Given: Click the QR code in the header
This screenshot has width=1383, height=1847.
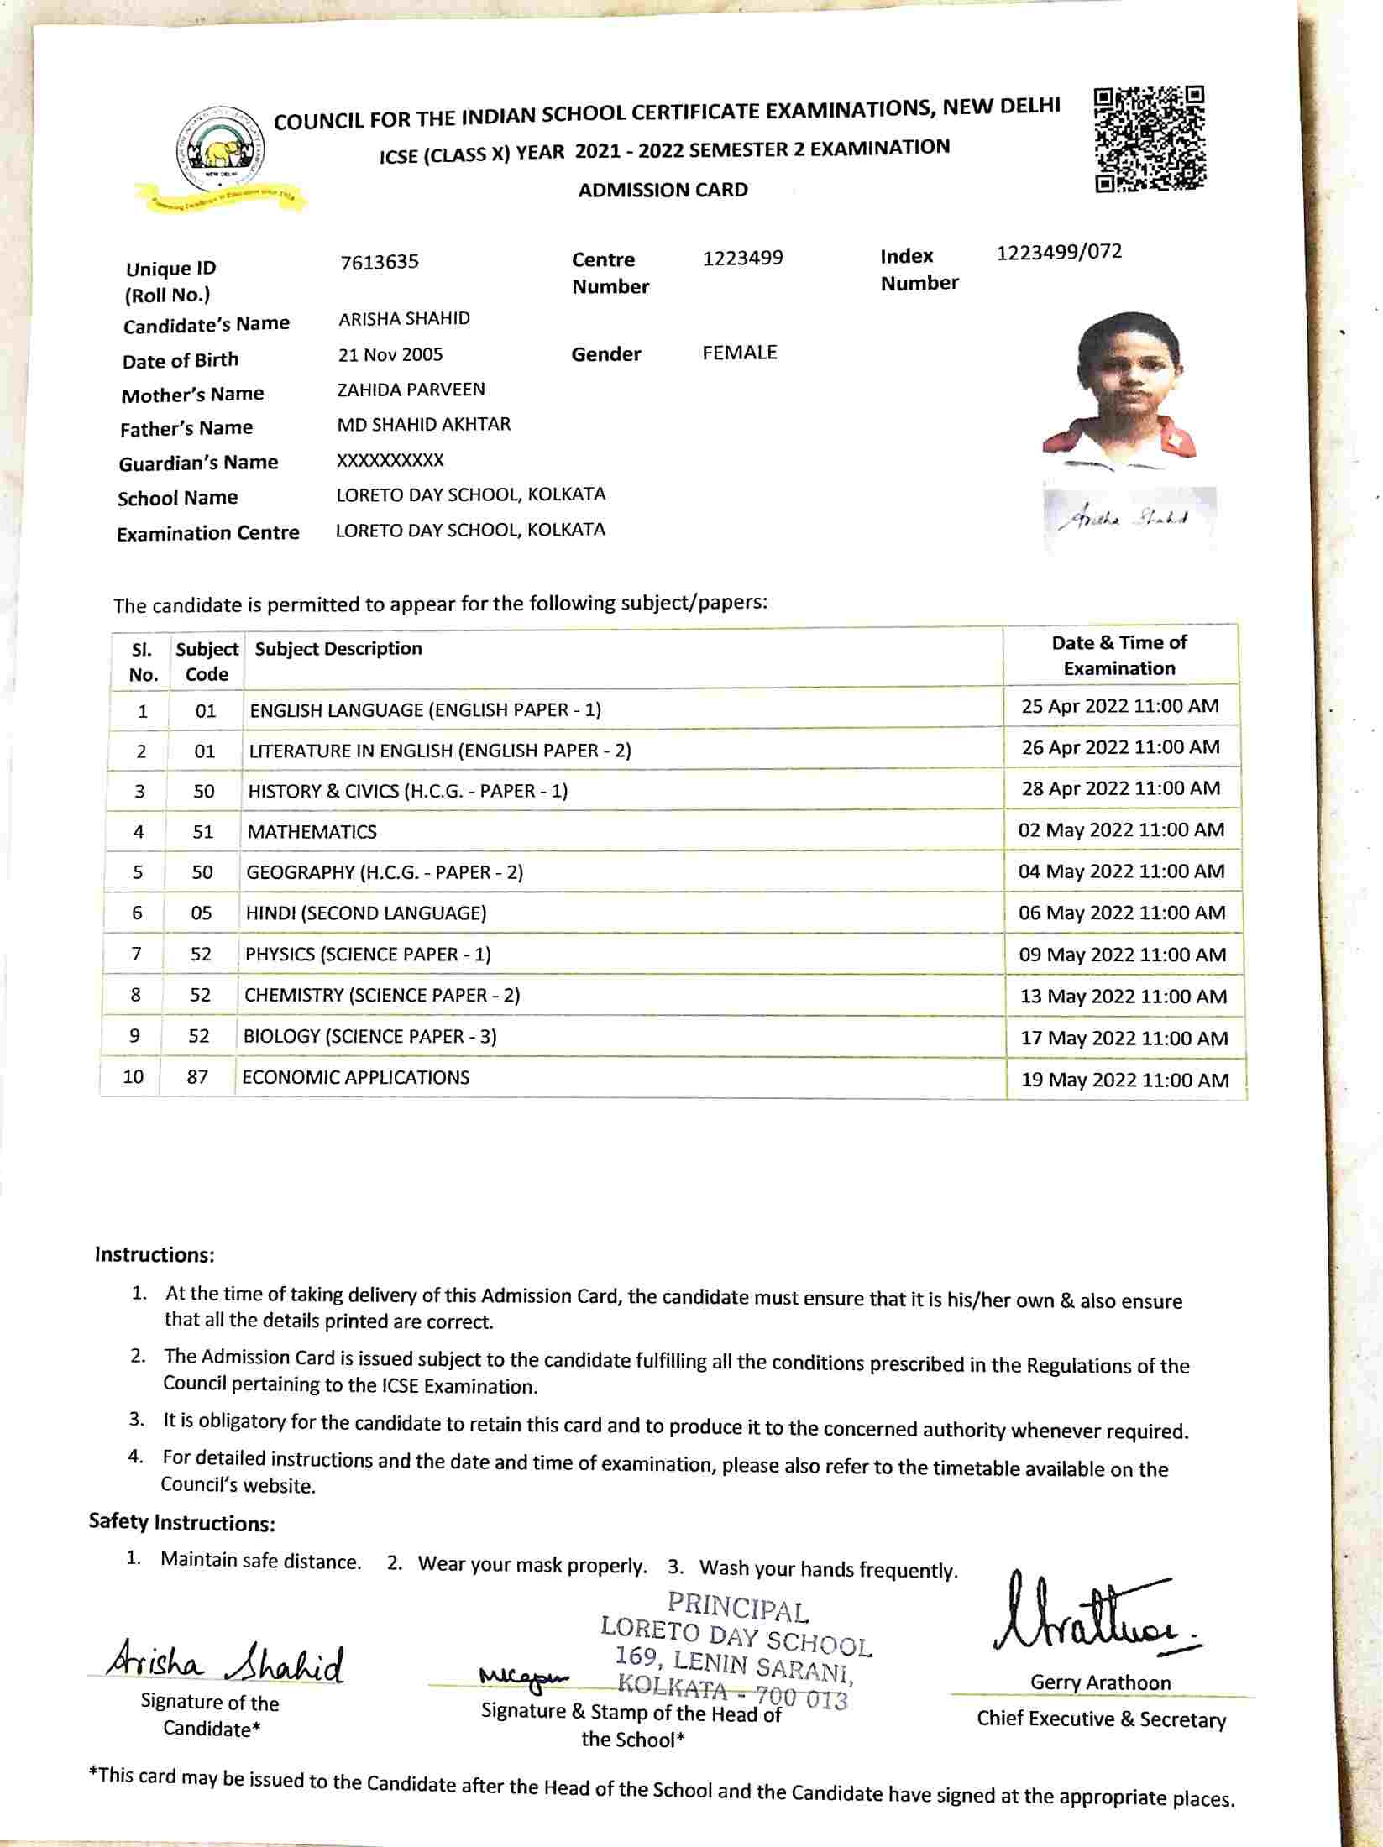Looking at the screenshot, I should pyautogui.click(x=1150, y=139).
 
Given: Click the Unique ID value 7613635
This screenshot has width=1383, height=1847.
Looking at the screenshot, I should pyautogui.click(x=380, y=262).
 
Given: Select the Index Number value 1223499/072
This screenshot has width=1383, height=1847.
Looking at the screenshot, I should pyautogui.click(x=1059, y=252).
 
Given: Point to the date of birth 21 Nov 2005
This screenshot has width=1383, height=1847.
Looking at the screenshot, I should pyautogui.click(x=390, y=354).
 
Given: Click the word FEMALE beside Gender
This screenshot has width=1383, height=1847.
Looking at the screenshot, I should pyautogui.click(x=740, y=353).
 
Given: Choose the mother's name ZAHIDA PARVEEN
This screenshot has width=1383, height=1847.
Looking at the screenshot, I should pyautogui.click(x=411, y=390).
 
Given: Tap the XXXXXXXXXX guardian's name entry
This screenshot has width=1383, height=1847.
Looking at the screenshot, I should pyautogui.click(x=390, y=460).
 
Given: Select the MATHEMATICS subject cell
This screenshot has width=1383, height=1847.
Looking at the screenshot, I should pyautogui.click(x=312, y=832).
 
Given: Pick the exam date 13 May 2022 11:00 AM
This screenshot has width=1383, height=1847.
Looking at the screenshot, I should pyautogui.click(x=1123, y=997).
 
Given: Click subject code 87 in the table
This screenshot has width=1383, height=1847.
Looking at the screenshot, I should pyautogui.click(x=197, y=1077).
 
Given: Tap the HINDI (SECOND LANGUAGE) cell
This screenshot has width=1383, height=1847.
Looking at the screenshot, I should pyautogui.click(x=366, y=913).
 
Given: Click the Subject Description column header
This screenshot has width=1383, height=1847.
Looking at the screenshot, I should pyautogui.click(x=338, y=649).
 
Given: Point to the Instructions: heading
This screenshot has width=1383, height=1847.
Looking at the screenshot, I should pyautogui.click(x=155, y=1255).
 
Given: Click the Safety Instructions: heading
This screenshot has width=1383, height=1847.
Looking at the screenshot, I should pyautogui.click(x=182, y=1523).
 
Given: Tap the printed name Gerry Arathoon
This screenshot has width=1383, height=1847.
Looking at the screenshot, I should pyautogui.click(x=1100, y=1682).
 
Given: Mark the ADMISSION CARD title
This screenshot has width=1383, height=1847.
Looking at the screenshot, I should pyautogui.click(x=663, y=190).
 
